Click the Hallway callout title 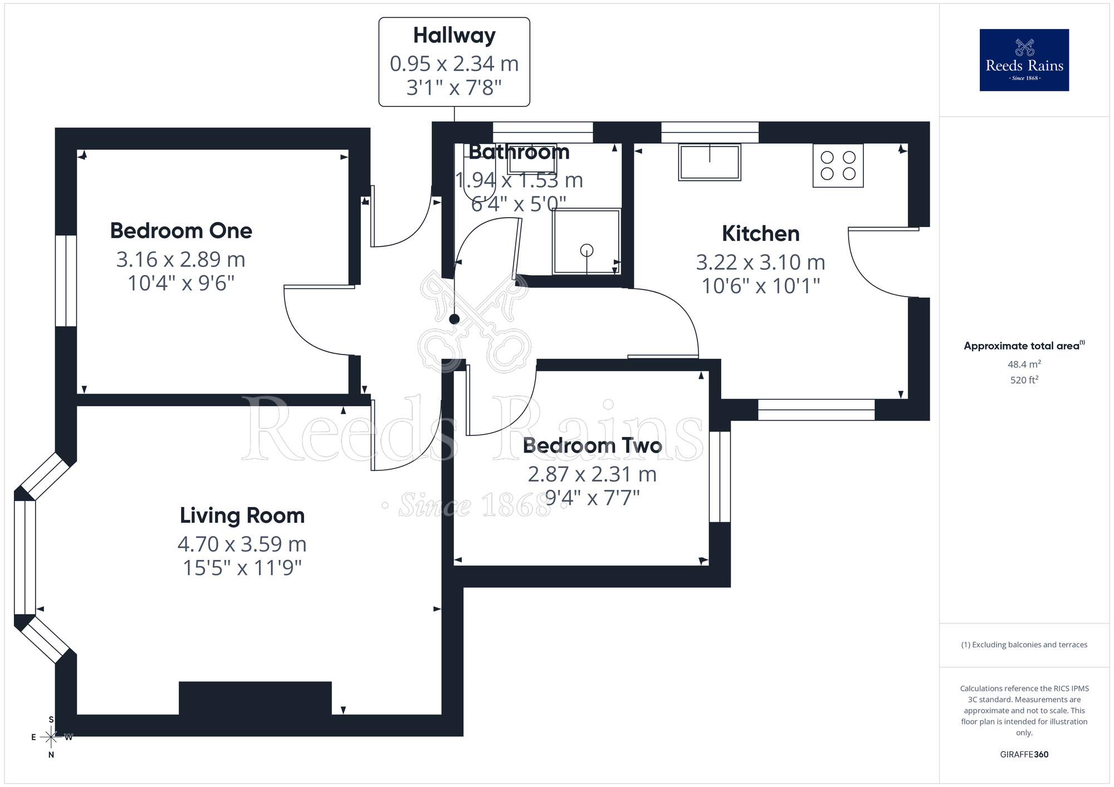click(x=454, y=36)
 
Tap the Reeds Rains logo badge click(x=1024, y=60)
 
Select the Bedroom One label click(x=181, y=231)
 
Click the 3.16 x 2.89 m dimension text click(x=181, y=259)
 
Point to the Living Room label click(x=242, y=515)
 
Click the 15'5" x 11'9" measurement click(x=242, y=568)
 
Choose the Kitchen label click(x=760, y=234)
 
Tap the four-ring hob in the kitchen click(x=838, y=165)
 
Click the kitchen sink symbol click(x=709, y=162)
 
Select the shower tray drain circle click(x=587, y=250)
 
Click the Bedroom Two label click(x=592, y=445)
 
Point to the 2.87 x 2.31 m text click(x=592, y=475)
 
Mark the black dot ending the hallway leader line click(x=455, y=319)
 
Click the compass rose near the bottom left click(x=51, y=737)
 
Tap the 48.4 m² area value click(x=1024, y=365)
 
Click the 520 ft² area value click(x=1024, y=380)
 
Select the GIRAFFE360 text click(x=1024, y=755)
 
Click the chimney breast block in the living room click(x=255, y=698)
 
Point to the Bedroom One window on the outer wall click(x=66, y=281)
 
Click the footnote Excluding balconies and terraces click(x=1024, y=645)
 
